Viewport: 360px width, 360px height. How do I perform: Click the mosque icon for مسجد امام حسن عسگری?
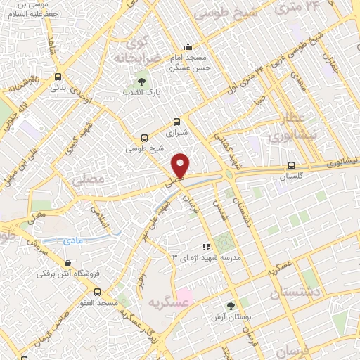pos(188,46)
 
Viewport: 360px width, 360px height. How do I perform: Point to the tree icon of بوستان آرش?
pos(230,306)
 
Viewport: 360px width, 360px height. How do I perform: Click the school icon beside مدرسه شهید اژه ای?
pos(206,247)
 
